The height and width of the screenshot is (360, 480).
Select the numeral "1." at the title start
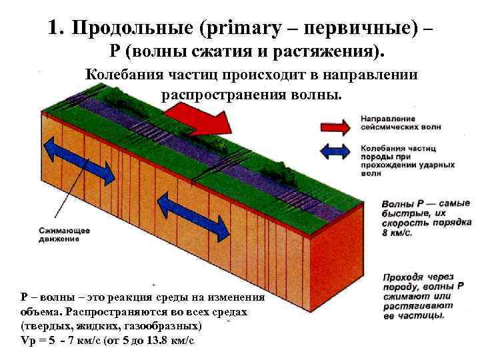(x=56, y=27)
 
